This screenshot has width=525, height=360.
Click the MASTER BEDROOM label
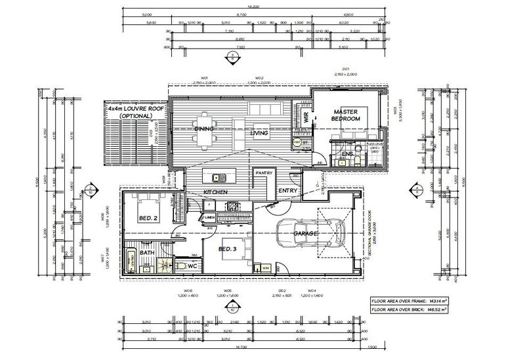(x=346, y=115)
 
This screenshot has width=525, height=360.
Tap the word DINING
(x=205, y=129)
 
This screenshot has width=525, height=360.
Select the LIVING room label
(x=260, y=133)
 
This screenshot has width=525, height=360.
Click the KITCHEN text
(x=215, y=191)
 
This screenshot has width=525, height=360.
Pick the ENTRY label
(x=287, y=190)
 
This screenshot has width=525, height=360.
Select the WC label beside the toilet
(x=192, y=266)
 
